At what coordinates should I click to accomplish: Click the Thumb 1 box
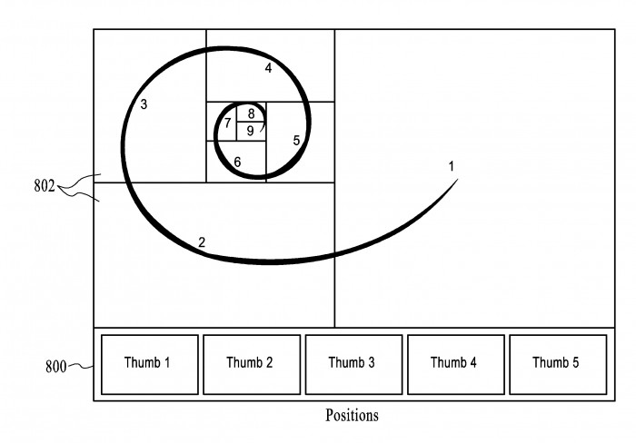click(x=150, y=364)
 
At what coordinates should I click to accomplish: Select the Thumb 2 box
click(x=252, y=364)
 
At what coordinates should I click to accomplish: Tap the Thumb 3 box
click(x=353, y=364)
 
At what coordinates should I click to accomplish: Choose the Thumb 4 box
click(x=456, y=364)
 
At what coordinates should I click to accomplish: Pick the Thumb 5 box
click(x=558, y=364)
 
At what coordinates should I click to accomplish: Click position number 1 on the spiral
click(x=451, y=166)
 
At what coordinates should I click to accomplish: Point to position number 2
click(x=202, y=242)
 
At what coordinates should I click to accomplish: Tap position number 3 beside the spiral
click(x=144, y=104)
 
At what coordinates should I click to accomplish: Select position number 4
click(x=268, y=68)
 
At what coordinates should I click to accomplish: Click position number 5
click(x=296, y=141)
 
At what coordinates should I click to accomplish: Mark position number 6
click(x=237, y=162)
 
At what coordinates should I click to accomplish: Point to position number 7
click(x=227, y=123)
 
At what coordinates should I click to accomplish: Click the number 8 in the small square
click(x=251, y=113)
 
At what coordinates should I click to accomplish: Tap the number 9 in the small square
click(x=250, y=131)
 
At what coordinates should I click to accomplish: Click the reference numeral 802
click(x=45, y=186)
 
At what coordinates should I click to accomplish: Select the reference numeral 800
click(x=55, y=367)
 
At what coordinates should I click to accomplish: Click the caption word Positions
click(x=352, y=415)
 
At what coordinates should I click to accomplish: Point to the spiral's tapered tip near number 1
click(x=458, y=179)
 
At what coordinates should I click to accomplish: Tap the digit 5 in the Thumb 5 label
click(x=575, y=362)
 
